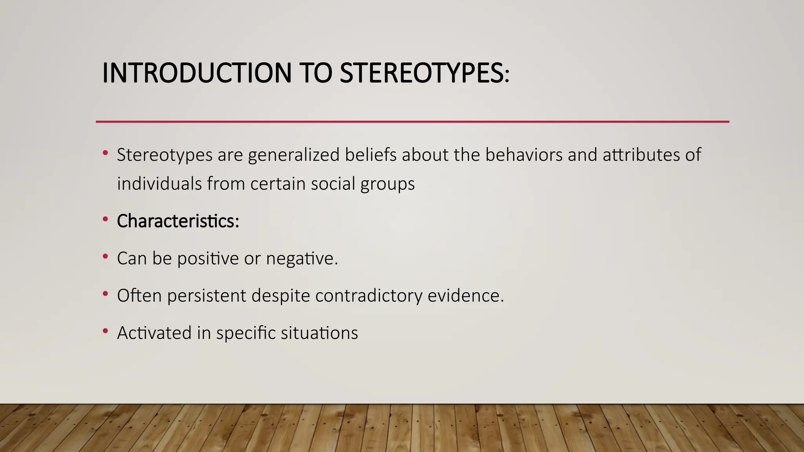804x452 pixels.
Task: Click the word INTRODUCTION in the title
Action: tap(197, 73)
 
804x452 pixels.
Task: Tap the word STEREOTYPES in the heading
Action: tap(424, 73)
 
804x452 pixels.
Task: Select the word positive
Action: tap(208, 259)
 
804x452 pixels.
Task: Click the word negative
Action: tap(301, 259)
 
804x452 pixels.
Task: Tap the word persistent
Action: tap(206, 296)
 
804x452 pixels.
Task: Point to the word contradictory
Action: tap(369, 296)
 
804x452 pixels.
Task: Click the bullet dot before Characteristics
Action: tap(105, 220)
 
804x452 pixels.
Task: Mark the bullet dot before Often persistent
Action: tap(105, 294)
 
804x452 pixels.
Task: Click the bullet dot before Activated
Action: tap(105, 331)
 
